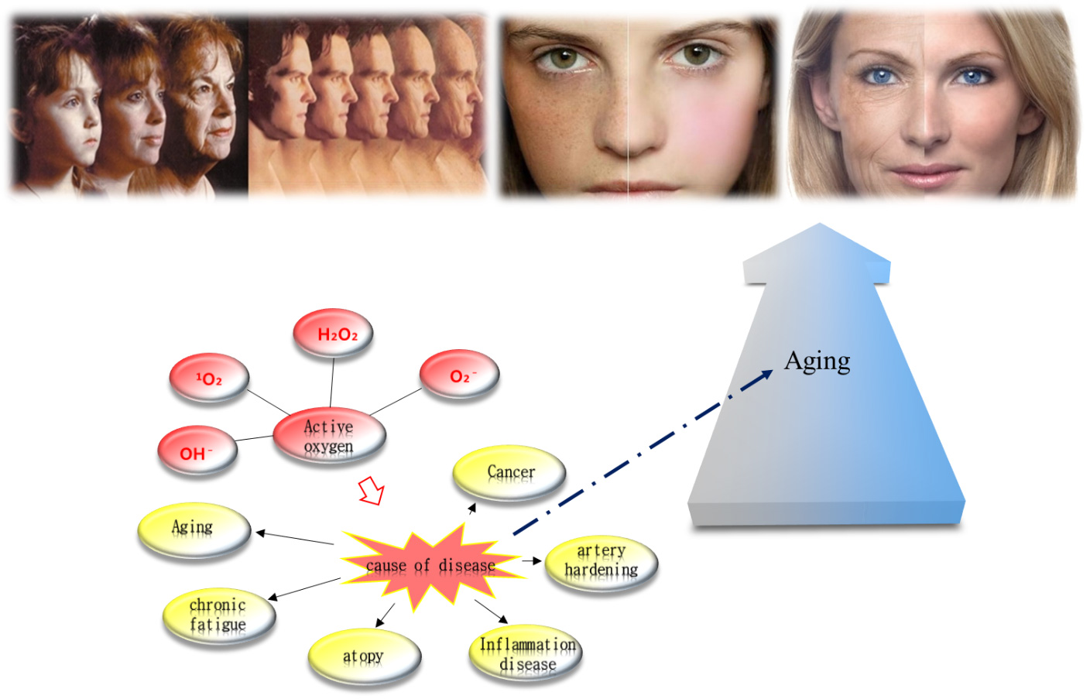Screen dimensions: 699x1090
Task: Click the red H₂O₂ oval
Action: click(333, 334)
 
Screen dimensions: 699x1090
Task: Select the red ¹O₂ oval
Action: click(209, 379)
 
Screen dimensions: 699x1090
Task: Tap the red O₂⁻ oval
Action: click(460, 375)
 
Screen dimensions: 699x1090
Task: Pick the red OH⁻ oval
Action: click(197, 452)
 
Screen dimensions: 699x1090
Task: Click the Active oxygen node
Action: click(329, 437)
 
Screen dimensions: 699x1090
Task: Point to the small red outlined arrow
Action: click(372, 491)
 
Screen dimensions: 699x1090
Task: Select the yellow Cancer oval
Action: click(509, 472)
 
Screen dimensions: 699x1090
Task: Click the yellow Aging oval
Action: click(194, 529)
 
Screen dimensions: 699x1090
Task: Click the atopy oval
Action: click(364, 656)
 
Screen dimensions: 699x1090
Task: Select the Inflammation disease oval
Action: click(526, 654)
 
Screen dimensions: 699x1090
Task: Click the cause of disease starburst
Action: click(430, 566)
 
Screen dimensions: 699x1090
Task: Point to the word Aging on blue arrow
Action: click(817, 361)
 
